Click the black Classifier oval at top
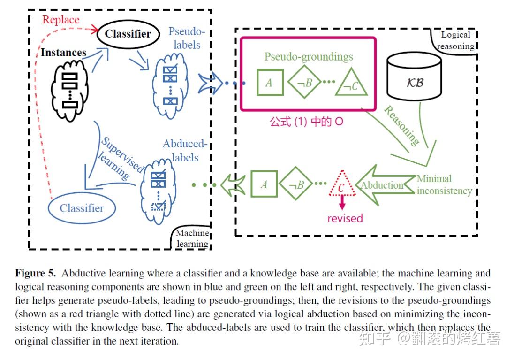(x=128, y=33)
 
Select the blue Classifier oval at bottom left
(x=82, y=208)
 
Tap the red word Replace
(x=60, y=20)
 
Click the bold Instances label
(x=63, y=52)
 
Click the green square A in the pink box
(x=269, y=83)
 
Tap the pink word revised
(x=345, y=218)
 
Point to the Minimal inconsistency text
(x=444, y=184)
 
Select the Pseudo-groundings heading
(x=308, y=57)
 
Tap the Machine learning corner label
(x=191, y=238)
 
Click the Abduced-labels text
(x=184, y=150)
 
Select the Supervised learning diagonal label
(x=117, y=157)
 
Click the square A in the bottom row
(x=264, y=184)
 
